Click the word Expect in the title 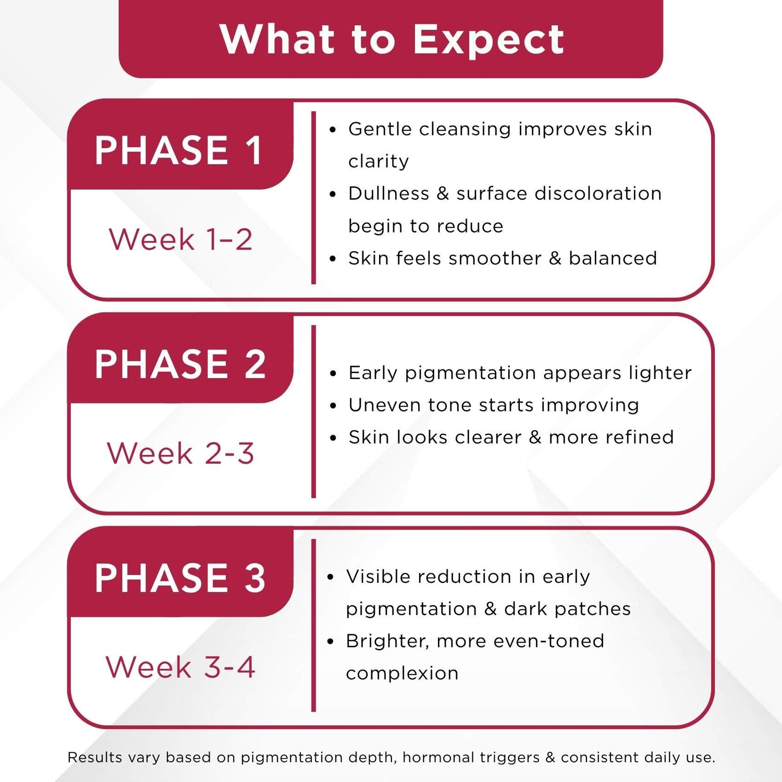[488, 40]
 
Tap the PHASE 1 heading [179, 151]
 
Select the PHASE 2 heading [180, 364]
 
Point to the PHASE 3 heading [180, 578]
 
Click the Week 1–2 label [180, 240]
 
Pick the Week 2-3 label [180, 453]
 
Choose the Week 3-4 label [180, 667]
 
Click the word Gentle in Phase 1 [380, 129]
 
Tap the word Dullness [389, 193]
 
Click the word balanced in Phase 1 [613, 258]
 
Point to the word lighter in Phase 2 [660, 373]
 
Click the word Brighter [387, 641]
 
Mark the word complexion [402, 674]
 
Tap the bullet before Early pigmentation [333, 374]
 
